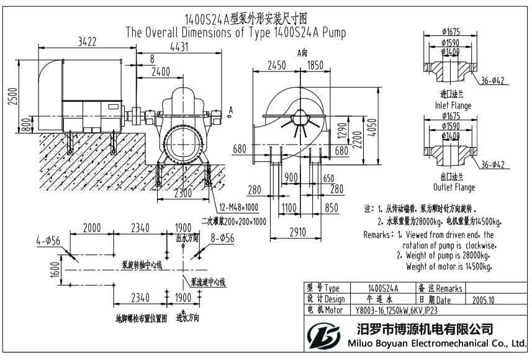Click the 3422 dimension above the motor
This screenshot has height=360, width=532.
pos(87,42)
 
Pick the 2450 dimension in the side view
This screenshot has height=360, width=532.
pos(276,65)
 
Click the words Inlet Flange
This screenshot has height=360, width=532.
pos(453,106)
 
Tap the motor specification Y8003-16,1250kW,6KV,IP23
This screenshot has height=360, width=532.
pos(401,310)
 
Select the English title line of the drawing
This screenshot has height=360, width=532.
pos(235,32)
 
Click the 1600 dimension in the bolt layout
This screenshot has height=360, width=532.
pos(55,269)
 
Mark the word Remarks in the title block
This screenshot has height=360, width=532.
pos(448,289)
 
